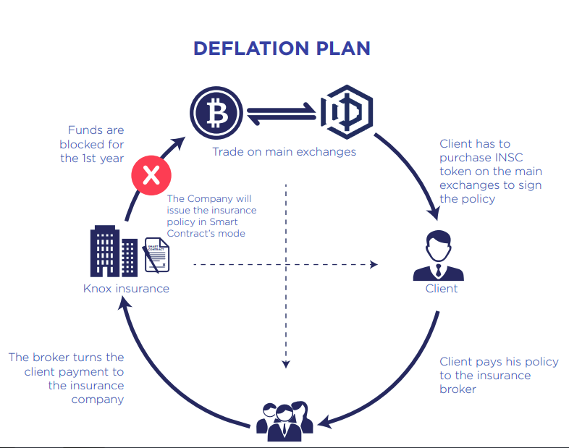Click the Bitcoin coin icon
[x=216, y=113]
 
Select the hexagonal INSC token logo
[x=347, y=112]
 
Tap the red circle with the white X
[x=151, y=175]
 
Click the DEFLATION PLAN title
[x=282, y=48]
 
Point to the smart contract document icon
[x=157, y=255]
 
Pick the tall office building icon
[x=105, y=251]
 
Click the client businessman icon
[x=439, y=255]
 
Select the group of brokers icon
[x=284, y=421]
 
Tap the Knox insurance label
[x=126, y=288]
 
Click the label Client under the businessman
[x=442, y=288]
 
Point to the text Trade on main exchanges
[x=284, y=152]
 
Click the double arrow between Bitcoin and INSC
[x=282, y=113]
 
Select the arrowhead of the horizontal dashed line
[x=374, y=264]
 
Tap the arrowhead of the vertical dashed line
[x=286, y=364]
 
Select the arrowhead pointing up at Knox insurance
[x=125, y=303]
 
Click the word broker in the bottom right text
[x=458, y=389]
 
